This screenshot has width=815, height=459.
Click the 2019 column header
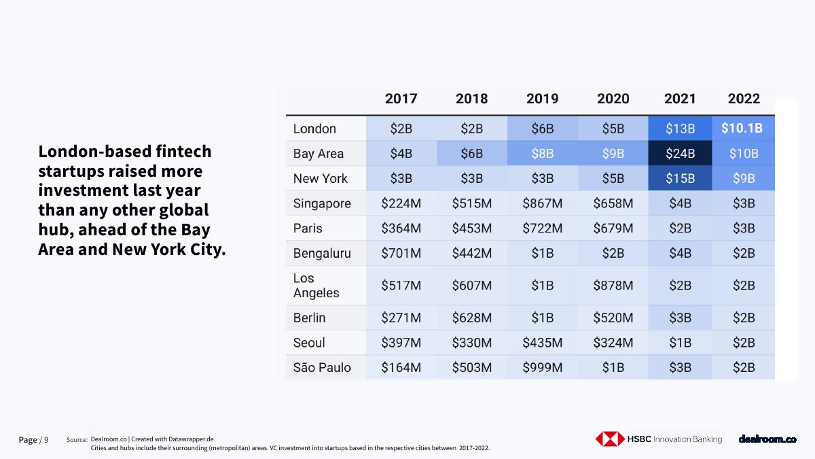[x=542, y=99]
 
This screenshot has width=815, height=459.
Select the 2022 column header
[x=744, y=99]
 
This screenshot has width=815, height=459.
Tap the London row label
[x=314, y=129]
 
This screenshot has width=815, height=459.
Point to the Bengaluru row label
[x=322, y=254]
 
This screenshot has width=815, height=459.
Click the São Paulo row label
[x=322, y=368]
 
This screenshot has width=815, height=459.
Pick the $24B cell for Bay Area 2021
[x=680, y=154]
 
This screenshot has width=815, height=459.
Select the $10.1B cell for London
[x=742, y=129]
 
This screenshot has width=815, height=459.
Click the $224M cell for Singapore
[x=401, y=203]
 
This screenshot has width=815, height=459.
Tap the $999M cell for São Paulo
[x=542, y=368]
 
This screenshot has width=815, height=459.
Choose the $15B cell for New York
[x=680, y=179]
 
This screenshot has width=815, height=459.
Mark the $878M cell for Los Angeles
[x=613, y=286]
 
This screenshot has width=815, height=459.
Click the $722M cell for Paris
[x=542, y=228]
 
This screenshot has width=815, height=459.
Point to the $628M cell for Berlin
[x=471, y=318]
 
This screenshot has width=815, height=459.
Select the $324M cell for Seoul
[x=613, y=343]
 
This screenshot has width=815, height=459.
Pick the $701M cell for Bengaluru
[x=401, y=254]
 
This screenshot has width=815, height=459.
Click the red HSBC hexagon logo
[x=609, y=439]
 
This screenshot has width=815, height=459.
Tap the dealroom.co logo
[x=767, y=439]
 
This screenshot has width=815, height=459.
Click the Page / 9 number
[x=33, y=440]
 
